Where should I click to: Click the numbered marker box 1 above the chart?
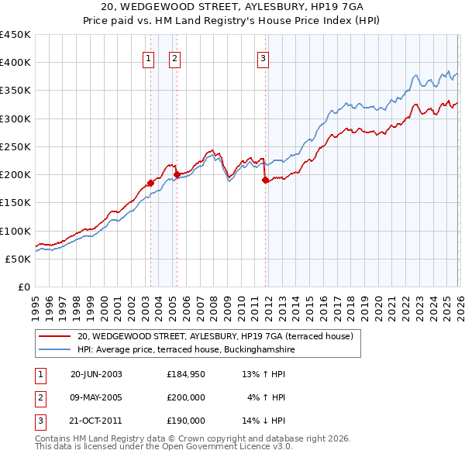[x=148, y=57]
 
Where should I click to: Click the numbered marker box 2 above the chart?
[x=174, y=57]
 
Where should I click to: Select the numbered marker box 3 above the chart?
[x=263, y=57]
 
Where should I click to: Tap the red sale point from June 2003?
[x=150, y=184]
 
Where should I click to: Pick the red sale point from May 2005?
[x=177, y=175]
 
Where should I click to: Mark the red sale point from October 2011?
[x=265, y=180]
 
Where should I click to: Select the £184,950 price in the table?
[x=186, y=373]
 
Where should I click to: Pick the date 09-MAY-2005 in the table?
[x=96, y=397]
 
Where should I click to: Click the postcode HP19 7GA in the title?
[x=323, y=7]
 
